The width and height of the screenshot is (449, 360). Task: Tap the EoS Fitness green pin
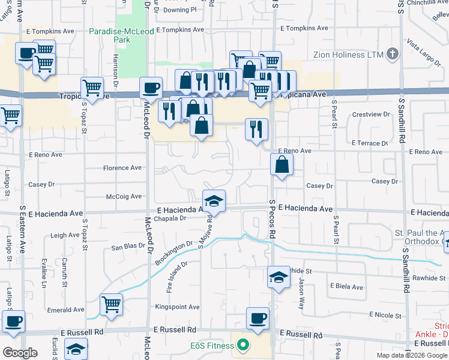[243, 345]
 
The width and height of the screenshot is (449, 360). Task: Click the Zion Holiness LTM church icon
[393, 55]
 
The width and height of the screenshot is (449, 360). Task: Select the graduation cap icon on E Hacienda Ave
[214, 202]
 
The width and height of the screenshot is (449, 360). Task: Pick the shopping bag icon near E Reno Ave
[282, 164]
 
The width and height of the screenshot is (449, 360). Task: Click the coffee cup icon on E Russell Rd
[258, 318]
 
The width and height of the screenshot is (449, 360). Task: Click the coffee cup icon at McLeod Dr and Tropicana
[151, 88]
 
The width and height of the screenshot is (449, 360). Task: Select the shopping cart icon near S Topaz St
[92, 88]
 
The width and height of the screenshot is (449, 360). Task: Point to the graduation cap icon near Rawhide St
[278, 277]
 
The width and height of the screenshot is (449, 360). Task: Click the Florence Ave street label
[122, 168]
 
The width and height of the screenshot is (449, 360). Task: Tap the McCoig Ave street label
[124, 196]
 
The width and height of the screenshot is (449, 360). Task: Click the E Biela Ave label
[346, 287]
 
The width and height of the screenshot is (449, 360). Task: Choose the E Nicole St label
[385, 314]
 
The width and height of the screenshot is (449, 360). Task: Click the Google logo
[19, 353]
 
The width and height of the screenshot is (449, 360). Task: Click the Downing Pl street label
[180, 10]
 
